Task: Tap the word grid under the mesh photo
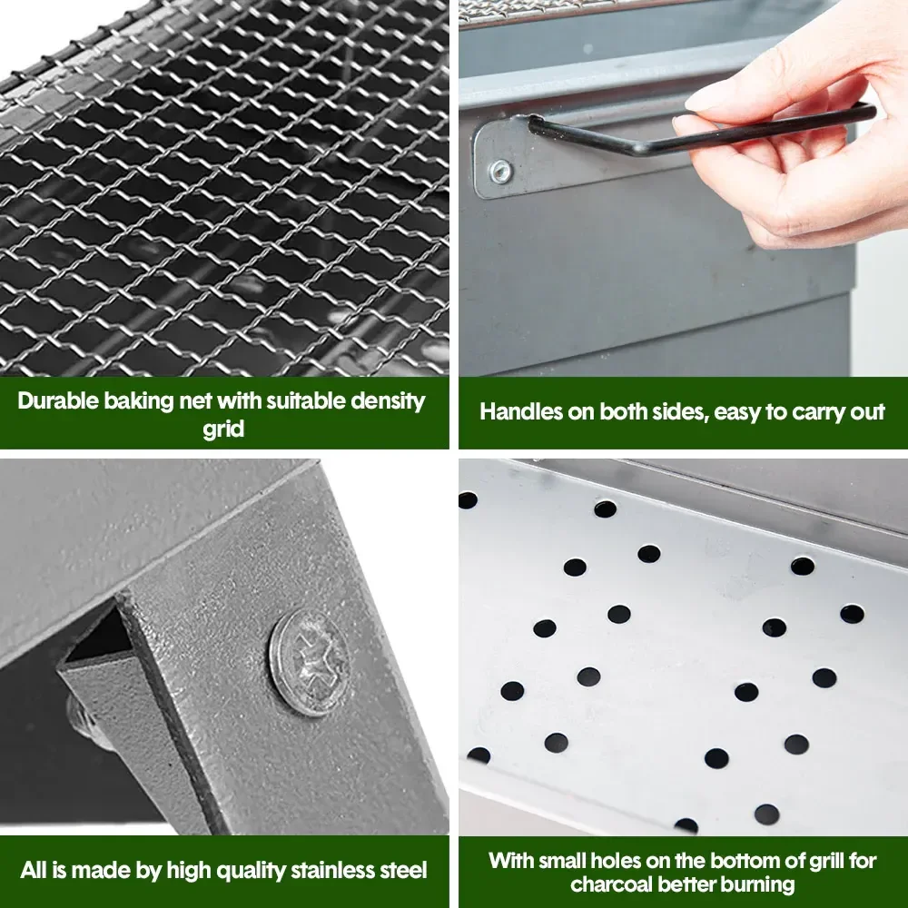[223, 429]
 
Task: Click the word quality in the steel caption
[247, 871]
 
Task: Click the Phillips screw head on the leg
[309, 662]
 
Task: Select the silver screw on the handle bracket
[499, 172]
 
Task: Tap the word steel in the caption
[405, 870]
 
